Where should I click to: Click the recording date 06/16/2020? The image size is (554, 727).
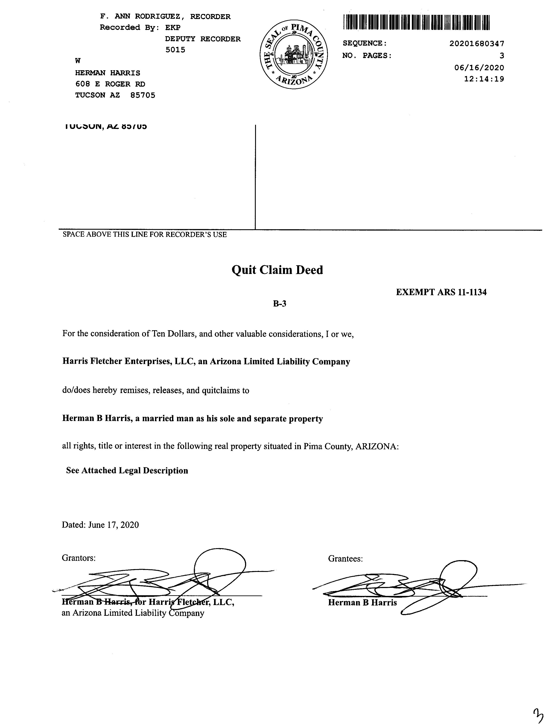coord(479,68)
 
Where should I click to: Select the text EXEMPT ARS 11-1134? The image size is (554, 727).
coord(441,292)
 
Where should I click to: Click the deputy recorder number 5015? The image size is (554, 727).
coord(175,50)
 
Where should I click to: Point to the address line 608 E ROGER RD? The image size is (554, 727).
coord(110,84)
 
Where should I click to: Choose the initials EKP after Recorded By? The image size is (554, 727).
coord(172,27)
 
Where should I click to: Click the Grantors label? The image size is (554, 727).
coord(78,558)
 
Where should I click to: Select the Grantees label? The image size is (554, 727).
coord(345,559)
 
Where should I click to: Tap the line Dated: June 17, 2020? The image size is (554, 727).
coord(100,525)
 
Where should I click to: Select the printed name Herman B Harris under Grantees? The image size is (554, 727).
coord(362,603)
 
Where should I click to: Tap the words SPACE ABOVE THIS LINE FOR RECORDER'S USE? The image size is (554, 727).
coord(144,234)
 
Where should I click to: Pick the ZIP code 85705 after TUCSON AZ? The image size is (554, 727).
coord(143,95)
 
